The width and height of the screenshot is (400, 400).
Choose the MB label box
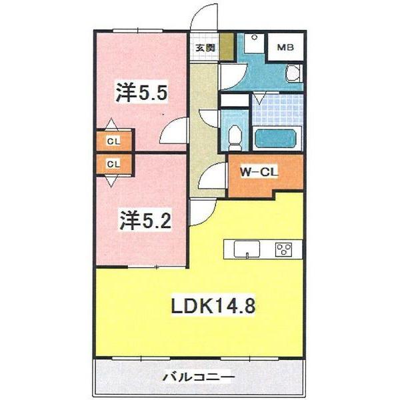tap(285, 48)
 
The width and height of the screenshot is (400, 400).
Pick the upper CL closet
tap(114, 141)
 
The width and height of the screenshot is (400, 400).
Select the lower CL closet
tap(114, 163)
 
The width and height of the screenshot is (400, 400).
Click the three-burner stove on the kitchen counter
tap(284, 250)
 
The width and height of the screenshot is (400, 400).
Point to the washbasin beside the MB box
tap(293, 72)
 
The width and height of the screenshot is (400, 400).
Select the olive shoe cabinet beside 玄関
tap(227, 47)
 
